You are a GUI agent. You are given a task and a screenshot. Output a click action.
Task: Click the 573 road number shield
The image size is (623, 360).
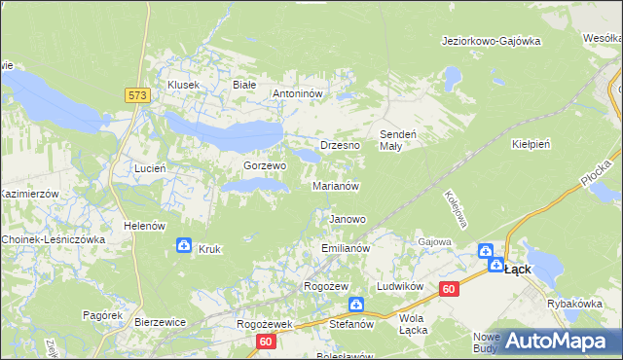click(x=136, y=94)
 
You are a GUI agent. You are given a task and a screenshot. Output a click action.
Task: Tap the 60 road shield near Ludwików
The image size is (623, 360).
click(x=448, y=289)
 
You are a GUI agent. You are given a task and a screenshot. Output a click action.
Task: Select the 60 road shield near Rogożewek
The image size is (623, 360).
click(x=267, y=342)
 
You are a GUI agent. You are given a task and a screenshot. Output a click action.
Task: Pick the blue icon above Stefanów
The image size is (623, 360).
click(x=356, y=305)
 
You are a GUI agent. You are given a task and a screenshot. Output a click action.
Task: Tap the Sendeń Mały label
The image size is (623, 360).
click(x=397, y=138)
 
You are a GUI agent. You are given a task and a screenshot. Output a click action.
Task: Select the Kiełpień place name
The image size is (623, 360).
click(x=531, y=143)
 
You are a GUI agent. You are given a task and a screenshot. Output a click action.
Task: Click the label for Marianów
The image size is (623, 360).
click(x=337, y=185)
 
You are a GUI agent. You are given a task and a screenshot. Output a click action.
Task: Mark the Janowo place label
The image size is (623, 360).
click(x=348, y=219)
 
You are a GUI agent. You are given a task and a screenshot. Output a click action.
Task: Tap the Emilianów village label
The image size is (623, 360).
click(x=346, y=249)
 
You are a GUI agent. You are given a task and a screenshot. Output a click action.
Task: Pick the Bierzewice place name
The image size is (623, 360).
click(x=161, y=320)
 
